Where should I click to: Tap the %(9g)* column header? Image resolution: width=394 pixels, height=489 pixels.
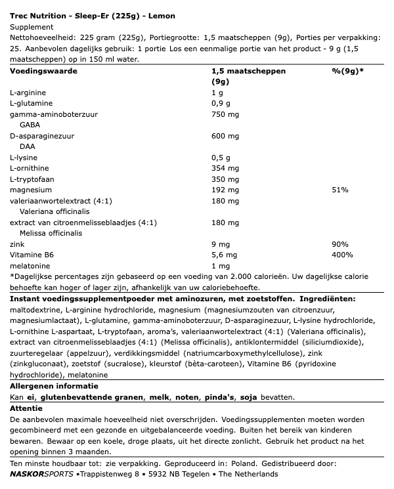coord(347,70)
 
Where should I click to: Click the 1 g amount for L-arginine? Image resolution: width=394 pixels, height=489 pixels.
coord(217,94)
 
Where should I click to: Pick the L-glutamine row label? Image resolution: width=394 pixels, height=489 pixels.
coord(32,104)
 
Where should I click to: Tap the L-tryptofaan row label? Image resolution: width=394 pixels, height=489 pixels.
coord(33,179)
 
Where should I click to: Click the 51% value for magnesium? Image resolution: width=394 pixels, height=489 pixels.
coord(340,190)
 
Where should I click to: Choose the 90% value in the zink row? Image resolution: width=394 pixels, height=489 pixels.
coord(340,244)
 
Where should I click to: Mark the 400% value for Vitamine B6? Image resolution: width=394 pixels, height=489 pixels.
coord(342,255)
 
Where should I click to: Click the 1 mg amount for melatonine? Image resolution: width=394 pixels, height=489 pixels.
coord(220,266)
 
